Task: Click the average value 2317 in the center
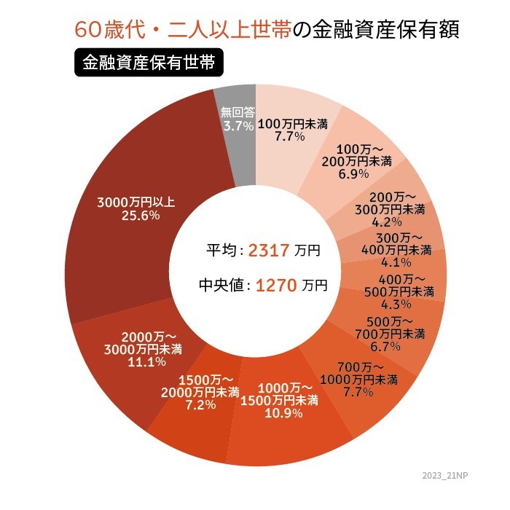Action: coord(269,251)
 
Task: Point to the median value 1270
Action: coord(275,285)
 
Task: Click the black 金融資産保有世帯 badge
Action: coord(148,63)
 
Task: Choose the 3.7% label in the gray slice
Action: coord(238,126)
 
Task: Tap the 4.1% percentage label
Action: coord(396,263)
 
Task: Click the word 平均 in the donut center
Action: coord(224,251)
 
